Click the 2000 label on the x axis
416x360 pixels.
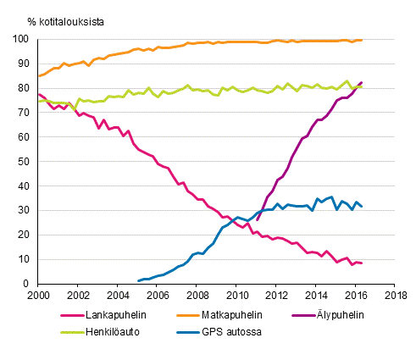[x=38, y=296]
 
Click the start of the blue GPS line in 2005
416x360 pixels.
[x=137, y=280]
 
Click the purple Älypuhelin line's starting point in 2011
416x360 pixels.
[x=257, y=220]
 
